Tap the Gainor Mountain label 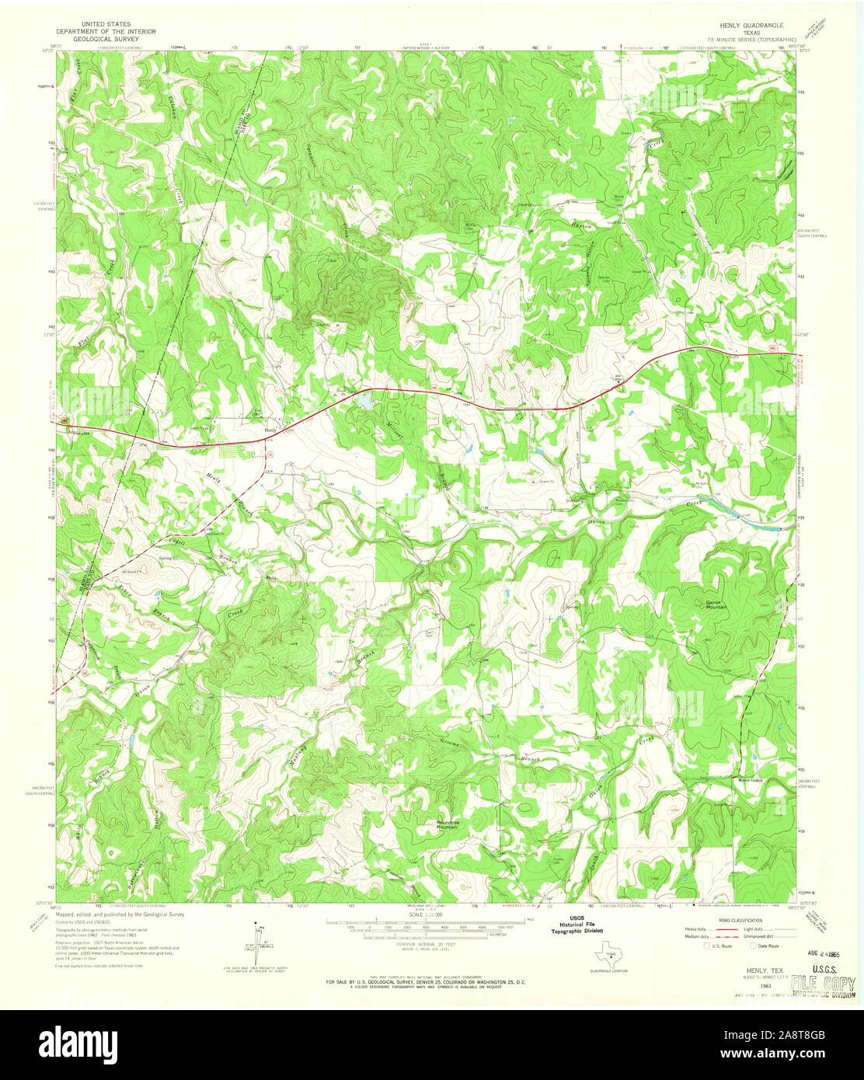705,604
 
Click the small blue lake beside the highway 364,401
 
